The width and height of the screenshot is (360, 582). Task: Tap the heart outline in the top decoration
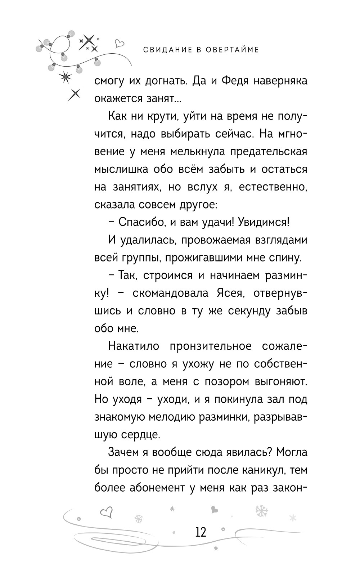[x=119, y=44]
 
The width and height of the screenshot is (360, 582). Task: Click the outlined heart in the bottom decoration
[x=106, y=512]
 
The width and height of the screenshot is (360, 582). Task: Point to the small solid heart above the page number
[x=214, y=510]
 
